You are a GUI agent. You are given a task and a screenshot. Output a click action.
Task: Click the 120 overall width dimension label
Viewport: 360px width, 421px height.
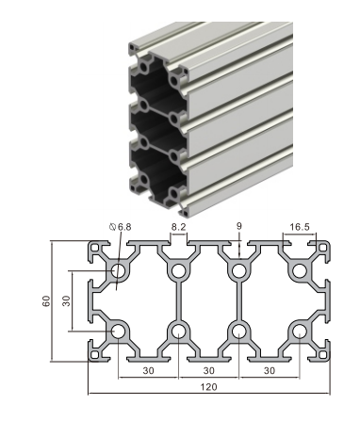coord(209,386)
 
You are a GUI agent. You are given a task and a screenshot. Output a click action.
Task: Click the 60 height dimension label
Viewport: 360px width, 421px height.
coord(46,301)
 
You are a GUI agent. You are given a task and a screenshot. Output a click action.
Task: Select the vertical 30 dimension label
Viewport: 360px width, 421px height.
coord(67,301)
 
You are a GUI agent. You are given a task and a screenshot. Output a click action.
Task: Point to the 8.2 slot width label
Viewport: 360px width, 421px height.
coord(178,227)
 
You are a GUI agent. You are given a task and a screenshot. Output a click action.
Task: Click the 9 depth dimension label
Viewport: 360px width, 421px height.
coord(239,226)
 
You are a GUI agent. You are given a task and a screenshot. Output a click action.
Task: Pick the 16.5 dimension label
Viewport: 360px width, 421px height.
coord(300,227)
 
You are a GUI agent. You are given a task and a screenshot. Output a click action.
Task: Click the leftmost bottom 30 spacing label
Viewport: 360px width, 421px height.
coord(148,371)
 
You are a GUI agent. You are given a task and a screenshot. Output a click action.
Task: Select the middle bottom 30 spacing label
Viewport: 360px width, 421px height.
coord(208,371)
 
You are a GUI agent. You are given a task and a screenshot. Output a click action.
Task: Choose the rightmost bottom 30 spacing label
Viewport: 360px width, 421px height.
coord(270,371)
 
